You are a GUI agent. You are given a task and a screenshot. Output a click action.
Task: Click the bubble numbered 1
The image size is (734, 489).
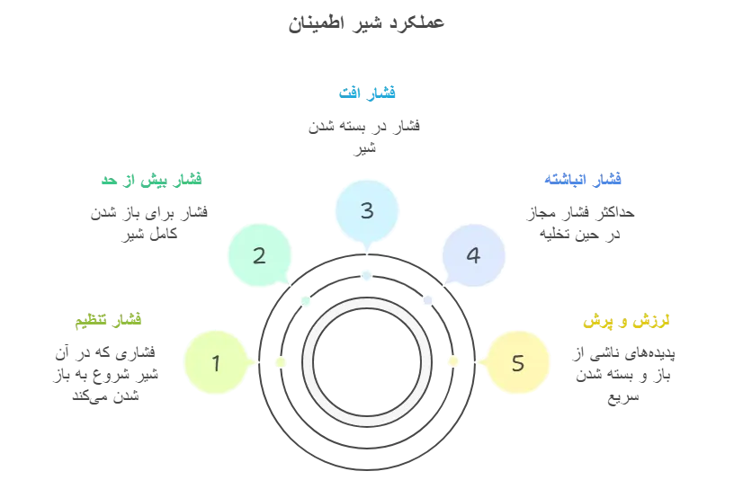[x=216, y=363]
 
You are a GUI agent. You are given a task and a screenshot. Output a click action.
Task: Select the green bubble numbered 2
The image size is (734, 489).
[x=259, y=255]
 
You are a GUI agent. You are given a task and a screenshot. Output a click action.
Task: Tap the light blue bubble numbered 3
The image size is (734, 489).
[x=366, y=211]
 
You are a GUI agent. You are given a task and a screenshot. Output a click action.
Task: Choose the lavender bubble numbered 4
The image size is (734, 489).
[x=473, y=255]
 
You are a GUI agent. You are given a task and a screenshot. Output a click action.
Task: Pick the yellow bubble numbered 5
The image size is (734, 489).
[x=517, y=363]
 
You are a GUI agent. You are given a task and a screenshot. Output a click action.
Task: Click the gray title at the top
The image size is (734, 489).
[x=366, y=20]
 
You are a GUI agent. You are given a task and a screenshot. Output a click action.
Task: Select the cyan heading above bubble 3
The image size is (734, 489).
[x=366, y=92]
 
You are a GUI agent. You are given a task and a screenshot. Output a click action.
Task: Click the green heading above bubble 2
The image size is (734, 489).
[x=150, y=180]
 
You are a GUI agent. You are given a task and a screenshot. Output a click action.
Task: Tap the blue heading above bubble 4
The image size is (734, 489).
[x=583, y=180]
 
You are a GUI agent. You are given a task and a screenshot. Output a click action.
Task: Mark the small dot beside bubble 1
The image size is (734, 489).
[x=281, y=361]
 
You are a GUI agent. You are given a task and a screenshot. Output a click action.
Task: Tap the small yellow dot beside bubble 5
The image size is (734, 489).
[x=453, y=361]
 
